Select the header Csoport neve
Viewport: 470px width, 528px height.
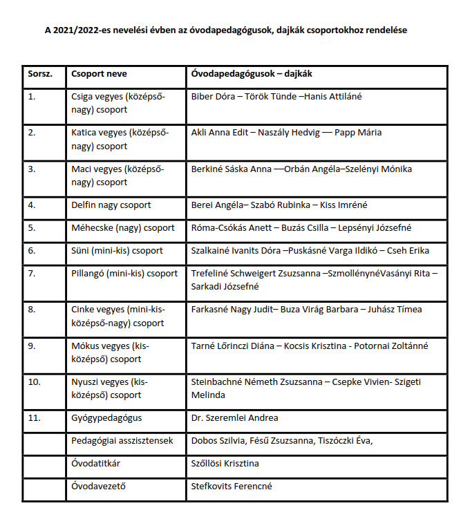[x=99, y=74]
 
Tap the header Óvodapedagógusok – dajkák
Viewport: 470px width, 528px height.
[x=254, y=74]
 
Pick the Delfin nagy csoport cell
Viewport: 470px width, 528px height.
[x=111, y=205]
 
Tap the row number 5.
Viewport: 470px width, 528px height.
[x=31, y=227]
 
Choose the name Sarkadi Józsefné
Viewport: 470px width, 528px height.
[x=225, y=287]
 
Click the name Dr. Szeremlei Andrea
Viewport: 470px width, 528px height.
[x=234, y=418]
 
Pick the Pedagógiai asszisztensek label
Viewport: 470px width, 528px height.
[x=122, y=440]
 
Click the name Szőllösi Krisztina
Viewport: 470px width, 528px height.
[x=225, y=463]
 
